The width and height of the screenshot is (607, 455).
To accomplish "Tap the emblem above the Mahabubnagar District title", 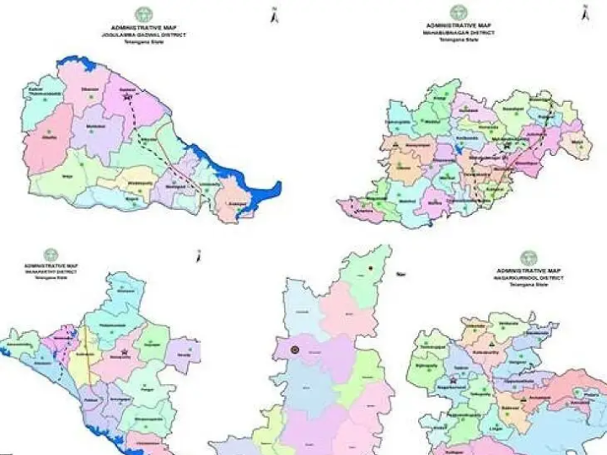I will click(458, 12).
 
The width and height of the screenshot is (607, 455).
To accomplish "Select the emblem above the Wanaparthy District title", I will click(51, 254).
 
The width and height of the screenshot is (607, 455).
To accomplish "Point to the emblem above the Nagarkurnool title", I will click(528, 257).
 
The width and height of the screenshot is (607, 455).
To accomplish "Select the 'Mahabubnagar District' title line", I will click(458, 33).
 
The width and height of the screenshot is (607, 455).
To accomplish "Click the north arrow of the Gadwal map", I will click(274, 14).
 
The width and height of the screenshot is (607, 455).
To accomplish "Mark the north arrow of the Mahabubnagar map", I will click(583, 12).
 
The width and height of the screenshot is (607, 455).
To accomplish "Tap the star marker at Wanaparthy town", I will click(125, 351).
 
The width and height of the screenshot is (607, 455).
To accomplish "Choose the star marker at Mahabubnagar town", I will click(507, 146).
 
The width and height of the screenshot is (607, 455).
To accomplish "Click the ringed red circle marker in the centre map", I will click(296, 350).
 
